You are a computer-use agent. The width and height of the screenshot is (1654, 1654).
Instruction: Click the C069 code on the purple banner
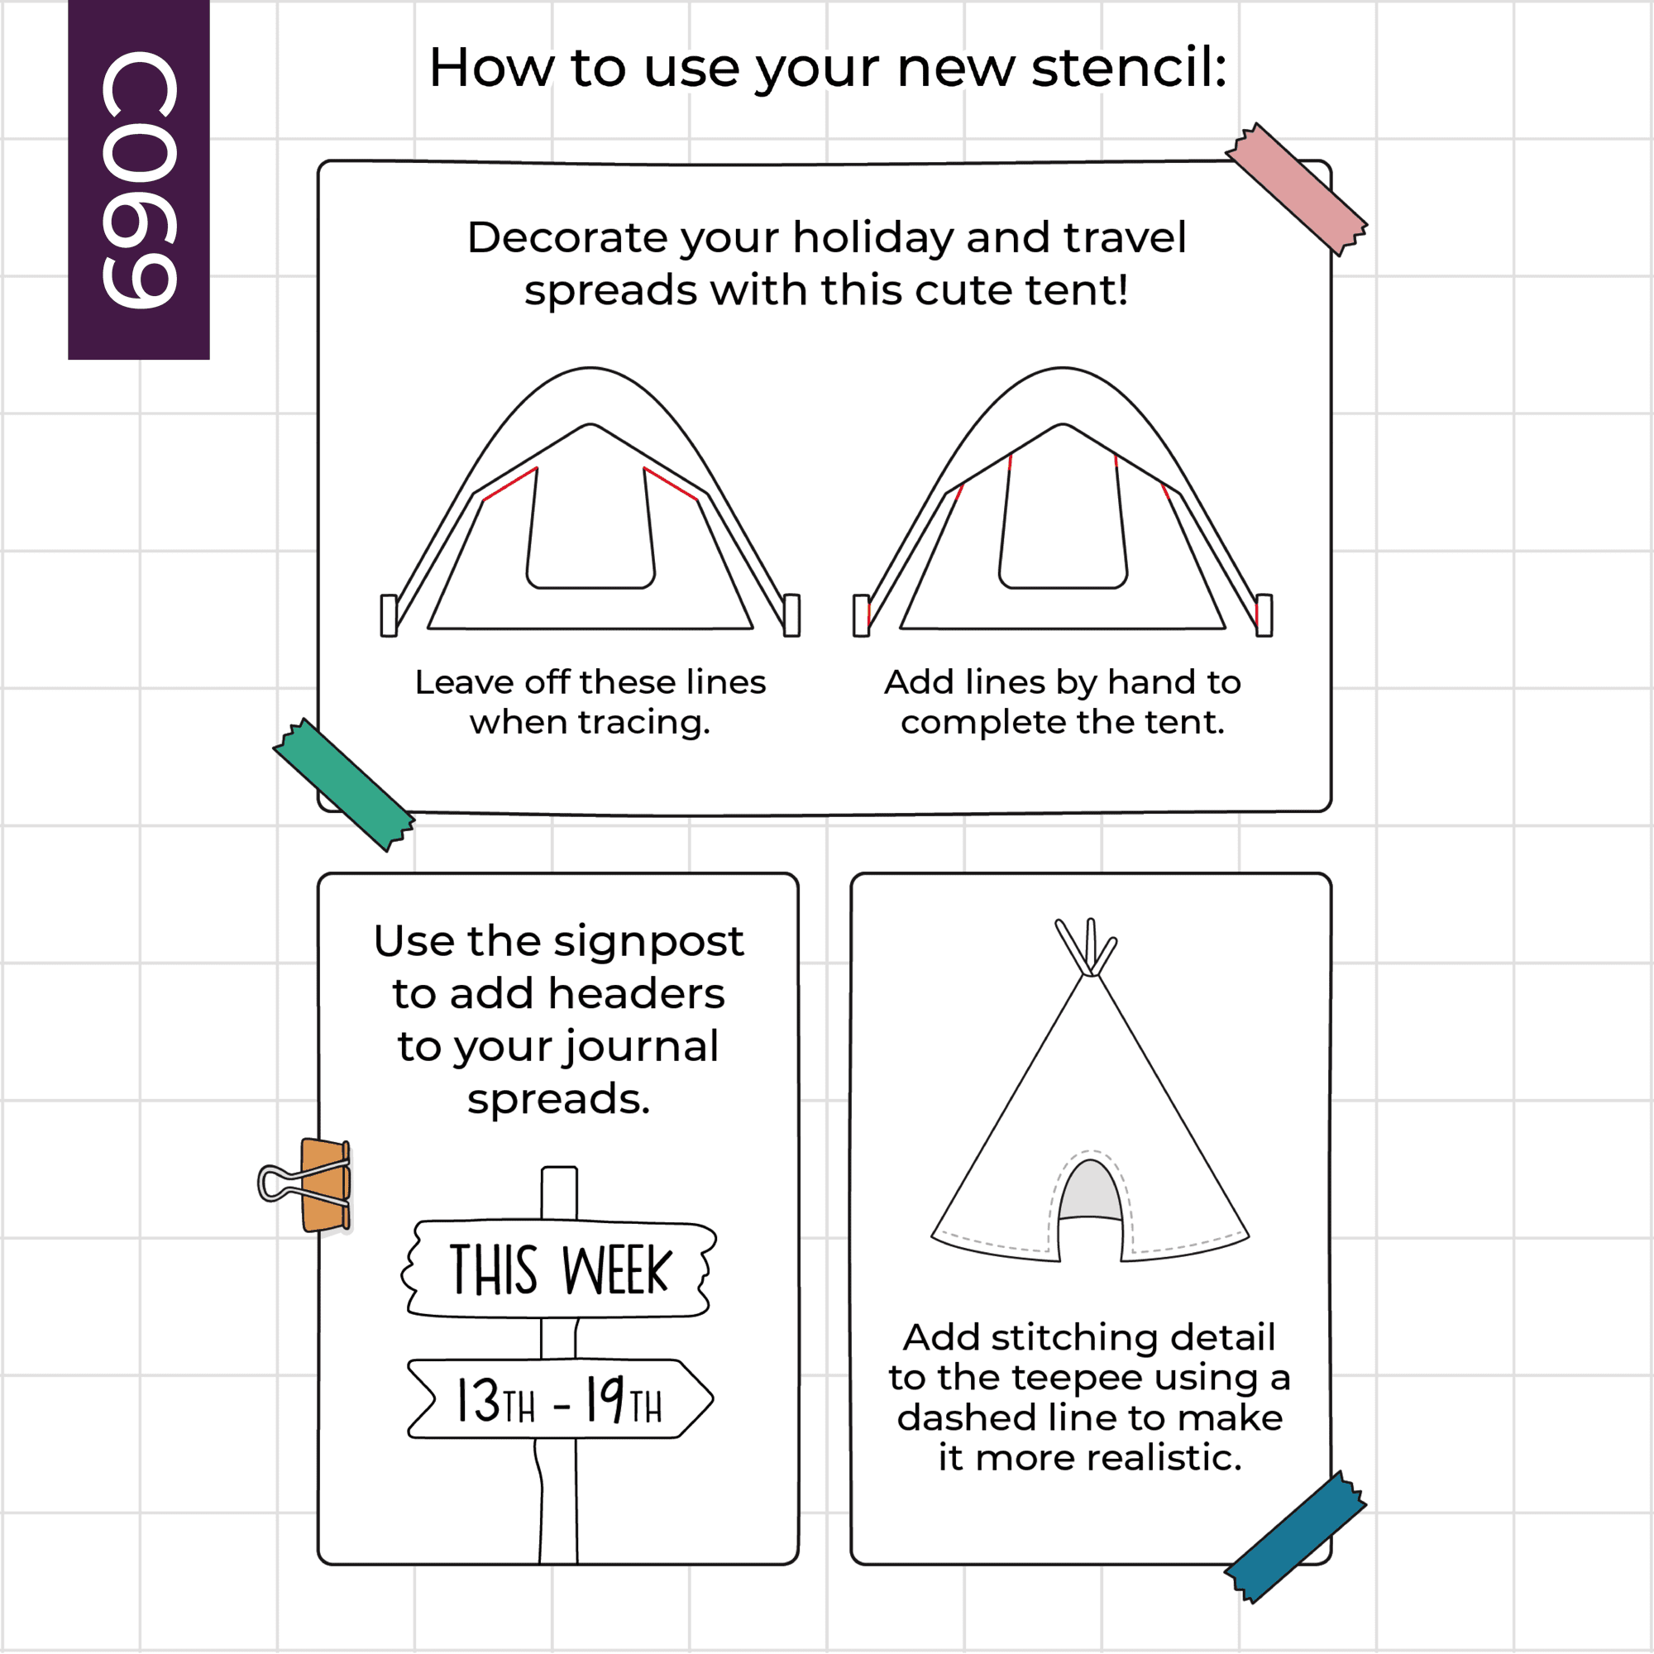click(x=139, y=179)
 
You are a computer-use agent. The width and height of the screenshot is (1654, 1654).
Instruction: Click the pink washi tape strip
click(x=1296, y=189)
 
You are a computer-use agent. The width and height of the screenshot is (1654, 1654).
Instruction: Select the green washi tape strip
click(x=344, y=784)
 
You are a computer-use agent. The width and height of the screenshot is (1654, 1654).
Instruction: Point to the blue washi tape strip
click(x=1295, y=1537)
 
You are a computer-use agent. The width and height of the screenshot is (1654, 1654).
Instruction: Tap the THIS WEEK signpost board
click(x=559, y=1269)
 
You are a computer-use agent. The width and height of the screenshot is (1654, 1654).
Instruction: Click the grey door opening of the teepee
click(x=1090, y=1191)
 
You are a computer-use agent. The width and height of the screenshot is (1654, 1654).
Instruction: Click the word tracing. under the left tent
click(x=643, y=723)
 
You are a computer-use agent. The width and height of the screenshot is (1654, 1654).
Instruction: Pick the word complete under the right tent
click(x=982, y=723)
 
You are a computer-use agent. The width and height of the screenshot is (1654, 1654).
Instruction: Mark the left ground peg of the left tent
click(x=389, y=615)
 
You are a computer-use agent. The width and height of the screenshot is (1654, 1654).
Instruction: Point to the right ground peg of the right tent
click(x=1264, y=615)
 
